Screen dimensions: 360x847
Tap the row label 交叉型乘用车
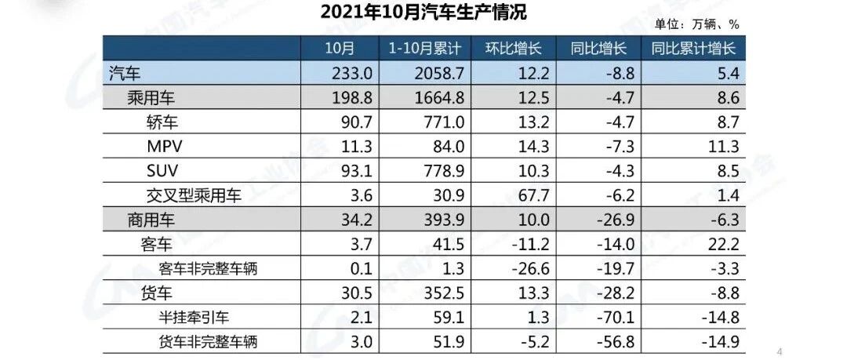coord(194,195)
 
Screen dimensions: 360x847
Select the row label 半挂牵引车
coord(197,317)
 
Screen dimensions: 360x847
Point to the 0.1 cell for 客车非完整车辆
coord(341,268)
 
